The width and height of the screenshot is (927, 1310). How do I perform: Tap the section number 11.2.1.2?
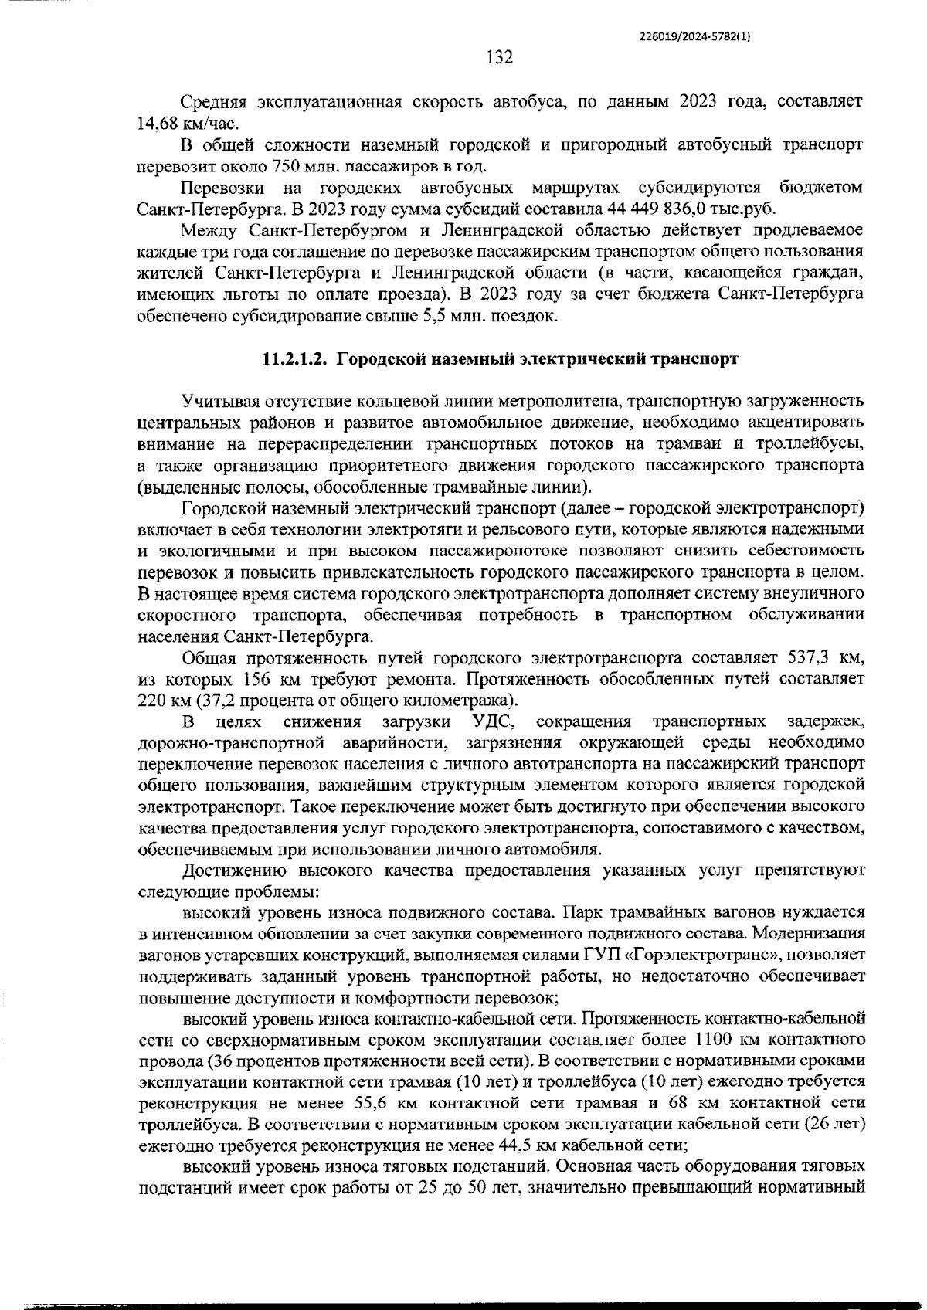pos(296,359)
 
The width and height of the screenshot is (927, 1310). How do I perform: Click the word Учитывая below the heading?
pos(221,402)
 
